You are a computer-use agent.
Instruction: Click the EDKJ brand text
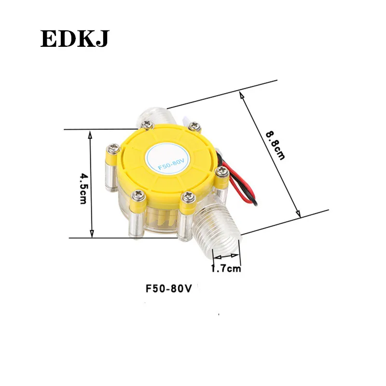coord(75,38)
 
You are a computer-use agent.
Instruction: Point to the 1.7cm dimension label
coord(225,268)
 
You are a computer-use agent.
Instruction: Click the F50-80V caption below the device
coord(169,289)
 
